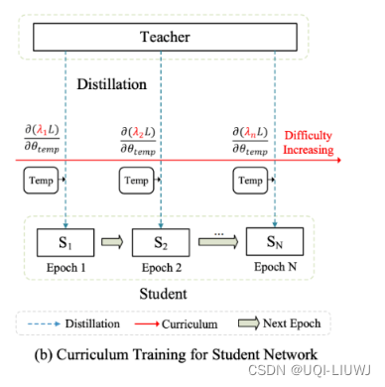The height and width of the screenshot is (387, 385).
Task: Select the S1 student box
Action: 64,242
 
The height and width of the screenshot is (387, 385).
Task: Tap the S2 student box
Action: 163,242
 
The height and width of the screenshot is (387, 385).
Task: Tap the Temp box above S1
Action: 37,182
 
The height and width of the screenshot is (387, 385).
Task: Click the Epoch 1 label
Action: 63,269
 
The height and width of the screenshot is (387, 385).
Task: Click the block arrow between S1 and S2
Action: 111,242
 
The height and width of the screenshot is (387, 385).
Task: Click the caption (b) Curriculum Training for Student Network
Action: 161,352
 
